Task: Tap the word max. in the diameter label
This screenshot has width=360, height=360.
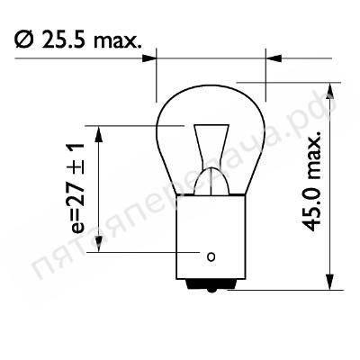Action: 117,41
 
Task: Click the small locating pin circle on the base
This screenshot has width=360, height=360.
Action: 211,257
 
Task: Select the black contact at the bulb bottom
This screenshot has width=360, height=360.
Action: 211,284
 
